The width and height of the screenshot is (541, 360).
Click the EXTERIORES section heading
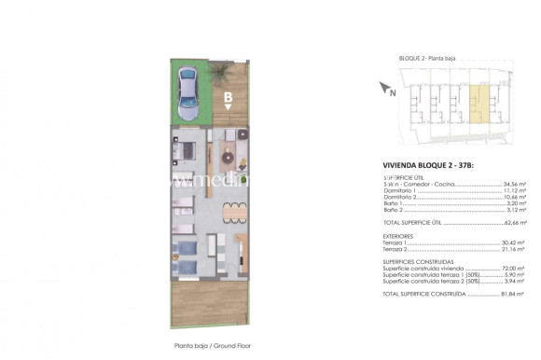(x=399, y=237)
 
